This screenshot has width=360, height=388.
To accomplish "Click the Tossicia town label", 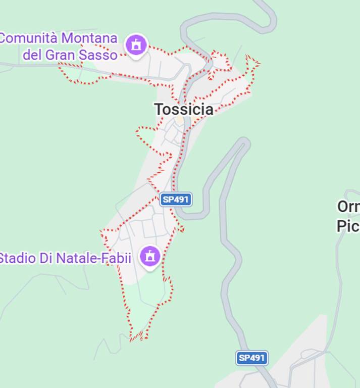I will pyautogui.click(x=183, y=109).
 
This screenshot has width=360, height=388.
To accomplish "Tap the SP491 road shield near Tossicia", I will pyautogui.click(x=176, y=200).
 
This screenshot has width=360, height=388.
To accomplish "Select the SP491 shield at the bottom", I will pyautogui.click(x=251, y=358).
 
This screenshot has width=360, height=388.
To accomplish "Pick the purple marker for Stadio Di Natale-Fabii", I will pyautogui.click(x=149, y=257).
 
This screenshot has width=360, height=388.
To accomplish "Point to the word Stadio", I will pyautogui.click(x=17, y=258).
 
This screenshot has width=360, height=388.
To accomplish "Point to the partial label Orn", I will pyautogui.click(x=348, y=207).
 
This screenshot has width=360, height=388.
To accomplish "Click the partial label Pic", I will pyautogui.click(x=348, y=226).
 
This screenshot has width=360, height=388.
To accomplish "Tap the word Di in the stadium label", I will pyautogui.click(x=46, y=258).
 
